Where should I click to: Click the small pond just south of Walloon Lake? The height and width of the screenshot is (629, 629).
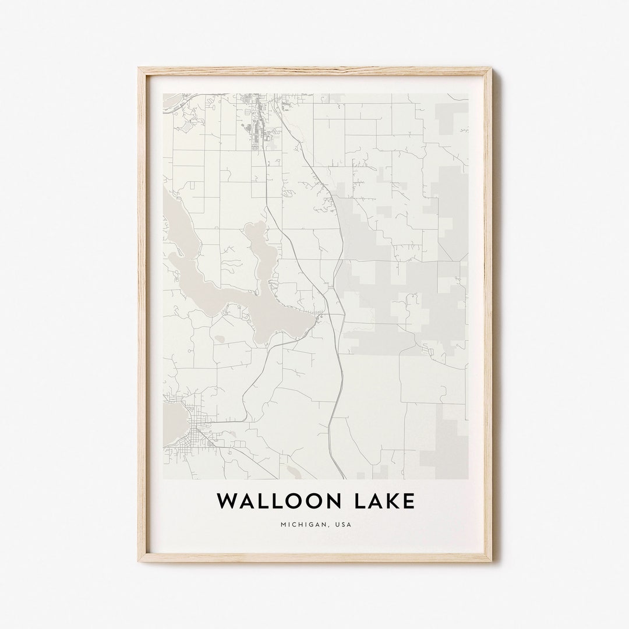(x=220, y=338)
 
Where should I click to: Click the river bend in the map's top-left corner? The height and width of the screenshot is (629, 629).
(x=173, y=105)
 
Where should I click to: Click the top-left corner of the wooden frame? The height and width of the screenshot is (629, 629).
(x=140, y=69)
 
